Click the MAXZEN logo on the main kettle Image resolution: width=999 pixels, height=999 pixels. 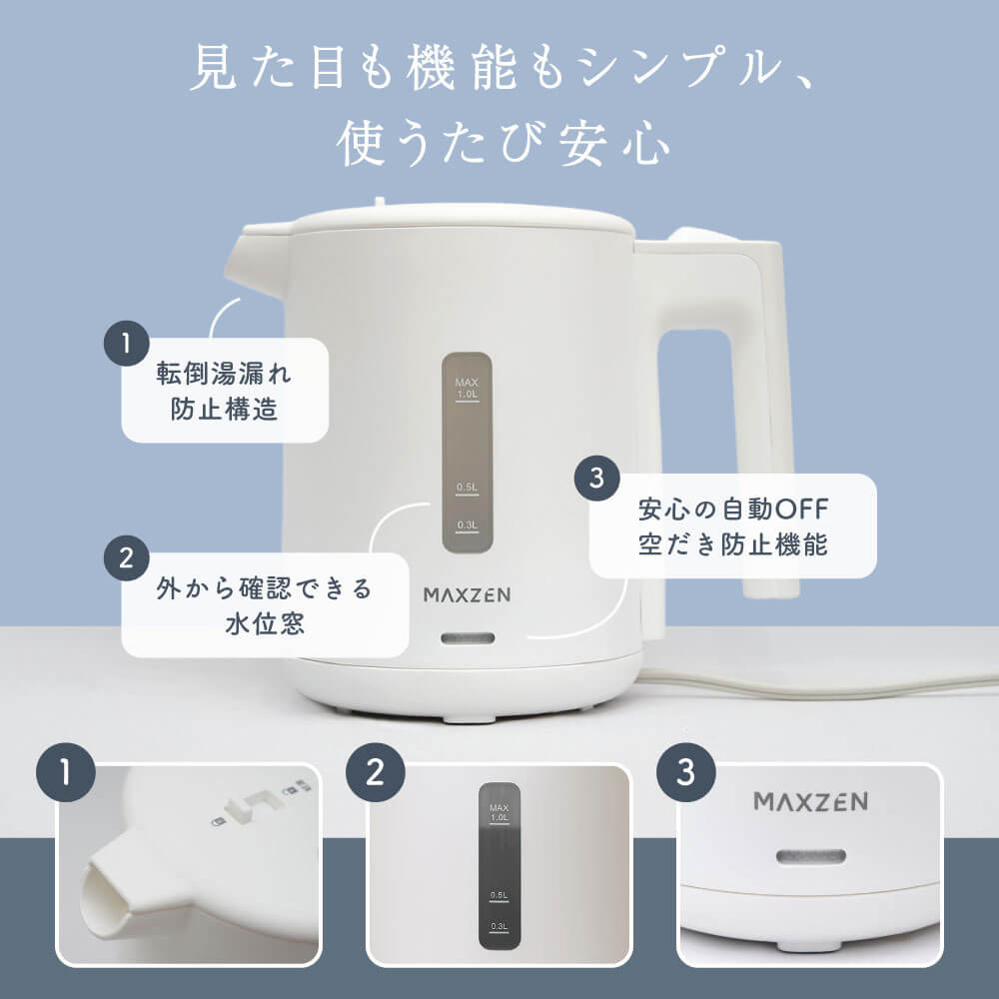(x=467, y=595)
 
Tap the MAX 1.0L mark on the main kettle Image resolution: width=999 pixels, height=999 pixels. (x=467, y=389)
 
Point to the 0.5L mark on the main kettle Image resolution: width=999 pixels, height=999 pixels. (x=467, y=489)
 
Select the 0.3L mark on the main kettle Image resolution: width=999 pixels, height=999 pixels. (x=467, y=526)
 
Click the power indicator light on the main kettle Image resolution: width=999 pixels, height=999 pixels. (x=468, y=638)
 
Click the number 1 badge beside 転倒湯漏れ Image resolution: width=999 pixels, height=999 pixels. (x=126, y=344)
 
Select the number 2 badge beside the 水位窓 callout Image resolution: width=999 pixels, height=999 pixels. (x=126, y=558)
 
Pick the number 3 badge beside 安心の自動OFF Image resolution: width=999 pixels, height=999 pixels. (x=597, y=478)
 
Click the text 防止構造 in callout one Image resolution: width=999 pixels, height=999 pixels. (x=224, y=409)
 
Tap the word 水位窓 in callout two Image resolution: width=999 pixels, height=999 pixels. (x=265, y=623)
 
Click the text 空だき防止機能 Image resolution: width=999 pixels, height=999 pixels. (x=732, y=544)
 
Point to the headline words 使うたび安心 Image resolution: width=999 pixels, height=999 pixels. (x=503, y=144)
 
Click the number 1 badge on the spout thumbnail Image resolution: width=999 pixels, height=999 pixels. (x=66, y=772)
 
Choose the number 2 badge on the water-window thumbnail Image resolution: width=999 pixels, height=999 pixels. (x=376, y=772)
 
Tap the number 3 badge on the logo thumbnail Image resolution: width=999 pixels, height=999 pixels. (x=686, y=772)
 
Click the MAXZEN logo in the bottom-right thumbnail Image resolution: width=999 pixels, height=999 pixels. (x=810, y=801)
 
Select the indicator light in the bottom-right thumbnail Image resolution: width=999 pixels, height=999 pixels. (x=811, y=857)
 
